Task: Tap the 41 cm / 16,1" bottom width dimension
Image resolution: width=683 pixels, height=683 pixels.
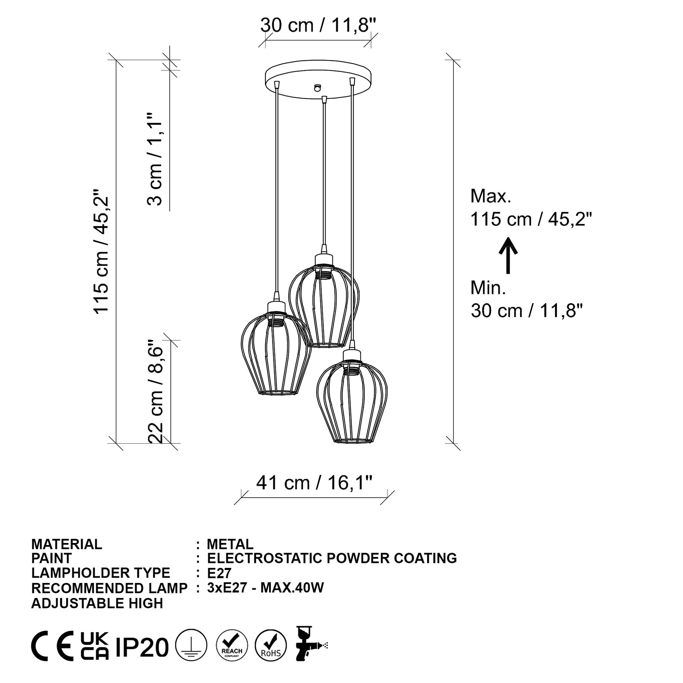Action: (x=314, y=483)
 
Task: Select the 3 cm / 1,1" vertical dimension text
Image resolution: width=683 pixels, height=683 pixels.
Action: (x=154, y=159)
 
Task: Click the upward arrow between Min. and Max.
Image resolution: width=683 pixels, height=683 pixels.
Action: (x=508, y=255)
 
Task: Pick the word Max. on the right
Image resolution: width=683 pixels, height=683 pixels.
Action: (x=491, y=196)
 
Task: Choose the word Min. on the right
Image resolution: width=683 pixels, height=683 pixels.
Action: (x=488, y=288)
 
